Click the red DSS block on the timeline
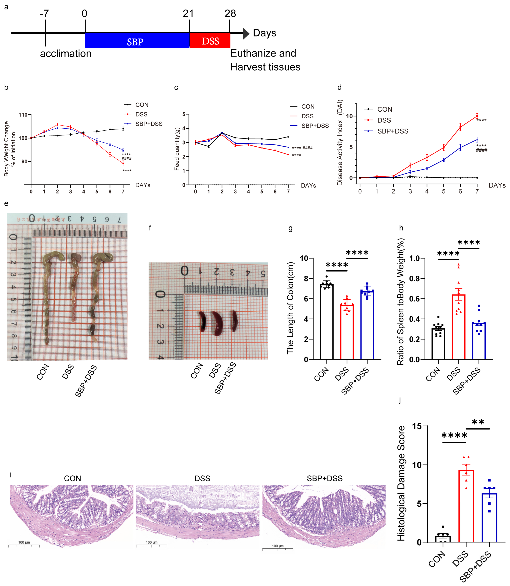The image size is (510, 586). [210, 40]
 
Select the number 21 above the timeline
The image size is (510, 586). [188, 13]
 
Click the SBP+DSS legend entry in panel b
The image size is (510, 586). [149, 124]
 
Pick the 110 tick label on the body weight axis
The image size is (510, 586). [23, 115]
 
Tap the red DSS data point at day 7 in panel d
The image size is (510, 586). [477, 116]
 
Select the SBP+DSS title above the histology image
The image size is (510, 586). [324, 478]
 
